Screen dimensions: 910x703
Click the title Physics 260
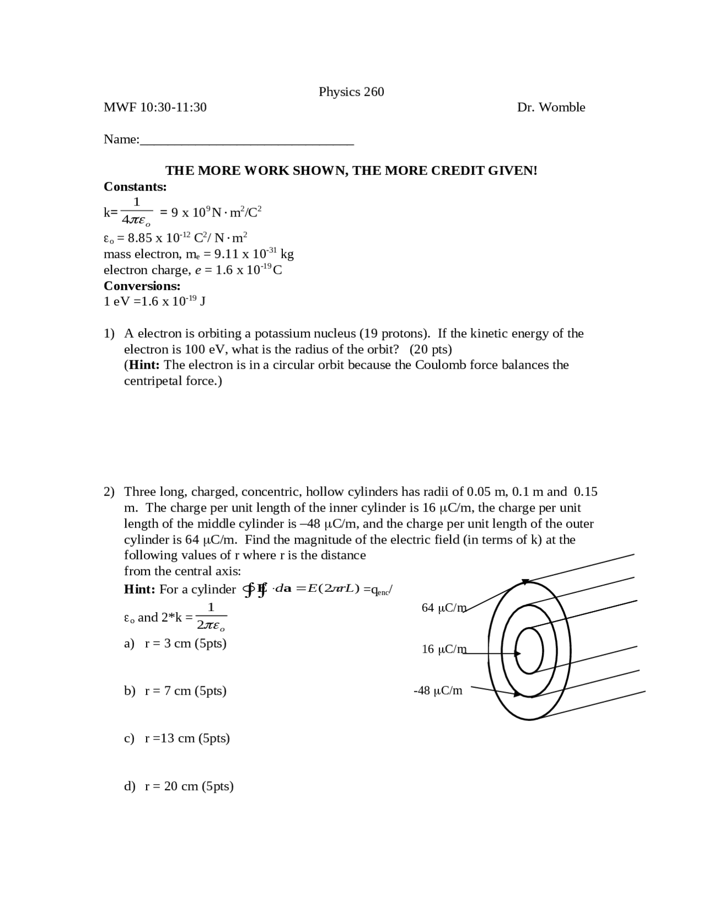tap(351, 92)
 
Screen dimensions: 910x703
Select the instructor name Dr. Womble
tap(551, 107)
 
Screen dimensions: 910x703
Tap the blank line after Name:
tap(247, 141)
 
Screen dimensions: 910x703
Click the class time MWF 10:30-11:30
tap(155, 107)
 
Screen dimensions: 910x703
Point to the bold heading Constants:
tap(135, 187)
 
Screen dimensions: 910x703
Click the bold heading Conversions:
tap(142, 286)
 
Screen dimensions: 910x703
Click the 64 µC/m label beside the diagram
tap(443, 608)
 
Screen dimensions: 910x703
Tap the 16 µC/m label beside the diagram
tap(443, 650)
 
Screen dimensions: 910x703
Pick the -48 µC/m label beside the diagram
tap(438, 691)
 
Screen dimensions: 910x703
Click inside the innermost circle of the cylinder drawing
tap(529, 651)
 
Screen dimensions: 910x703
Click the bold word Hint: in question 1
tap(144, 365)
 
